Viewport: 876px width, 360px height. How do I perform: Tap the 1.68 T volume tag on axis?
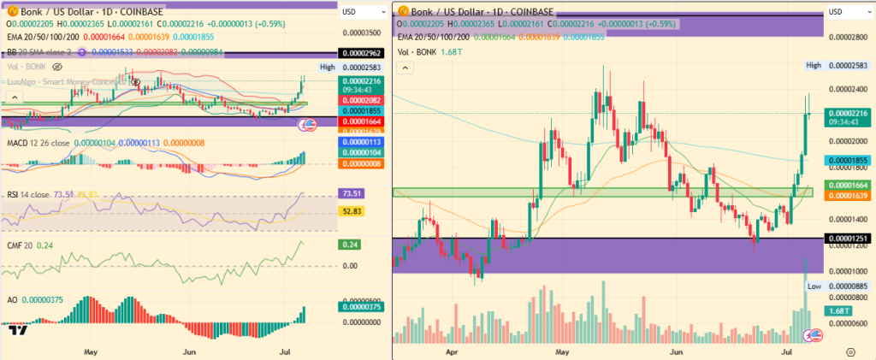click(x=838, y=310)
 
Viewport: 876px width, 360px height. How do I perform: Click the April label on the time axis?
click(x=451, y=351)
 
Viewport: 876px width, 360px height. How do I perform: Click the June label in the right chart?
click(x=676, y=351)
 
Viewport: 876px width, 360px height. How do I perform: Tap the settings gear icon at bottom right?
click(x=849, y=351)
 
